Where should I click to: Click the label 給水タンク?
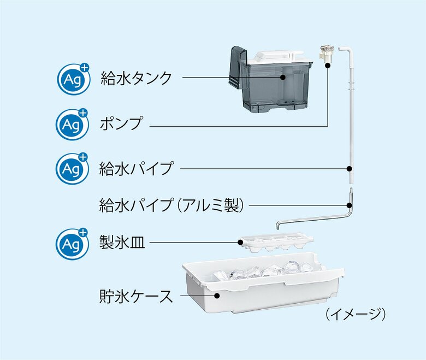136,78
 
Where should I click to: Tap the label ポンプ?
121,123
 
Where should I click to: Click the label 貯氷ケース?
136,297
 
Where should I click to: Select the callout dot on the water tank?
282,78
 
